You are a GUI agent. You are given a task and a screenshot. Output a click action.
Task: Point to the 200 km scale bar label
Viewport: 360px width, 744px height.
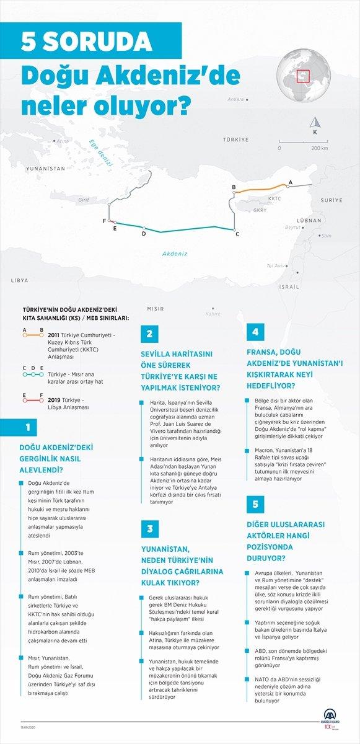tap(320, 149)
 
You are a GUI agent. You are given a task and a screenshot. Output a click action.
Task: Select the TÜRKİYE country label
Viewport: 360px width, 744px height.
tap(235, 140)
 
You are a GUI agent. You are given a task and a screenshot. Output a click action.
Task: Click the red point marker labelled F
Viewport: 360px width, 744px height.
tap(110, 221)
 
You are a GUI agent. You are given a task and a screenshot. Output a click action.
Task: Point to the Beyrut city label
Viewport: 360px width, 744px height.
tap(292, 228)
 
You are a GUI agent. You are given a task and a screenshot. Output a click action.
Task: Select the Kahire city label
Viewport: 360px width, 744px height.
tap(213, 314)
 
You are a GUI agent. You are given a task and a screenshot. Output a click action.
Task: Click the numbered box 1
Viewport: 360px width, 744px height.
tap(27, 428)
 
